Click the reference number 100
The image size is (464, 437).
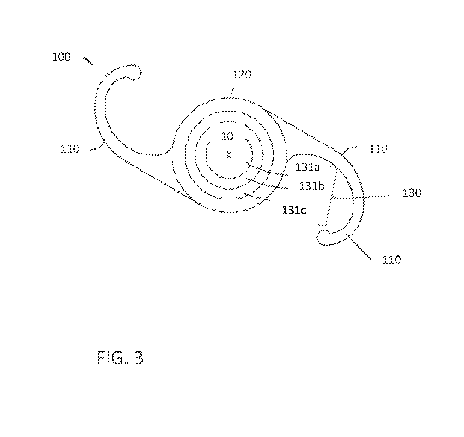point(61,57)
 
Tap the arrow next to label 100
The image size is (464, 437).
point(88,61)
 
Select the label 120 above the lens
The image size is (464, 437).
point(242,75)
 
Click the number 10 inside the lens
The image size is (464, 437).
point(227,136)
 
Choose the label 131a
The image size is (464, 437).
point(307,167)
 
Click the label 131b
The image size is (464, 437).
point(312,186)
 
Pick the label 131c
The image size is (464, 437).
point(294,210)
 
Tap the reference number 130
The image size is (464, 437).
point(412,193)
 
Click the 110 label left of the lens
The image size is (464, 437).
point(70,149)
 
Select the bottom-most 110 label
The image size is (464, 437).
point(392,260)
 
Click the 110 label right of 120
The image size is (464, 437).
point(378,148)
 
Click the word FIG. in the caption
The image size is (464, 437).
point(113,358)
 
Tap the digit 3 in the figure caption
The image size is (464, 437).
point(138,358)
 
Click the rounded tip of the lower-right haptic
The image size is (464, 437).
point(322,238)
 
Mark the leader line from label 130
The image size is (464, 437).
point(361,197)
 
